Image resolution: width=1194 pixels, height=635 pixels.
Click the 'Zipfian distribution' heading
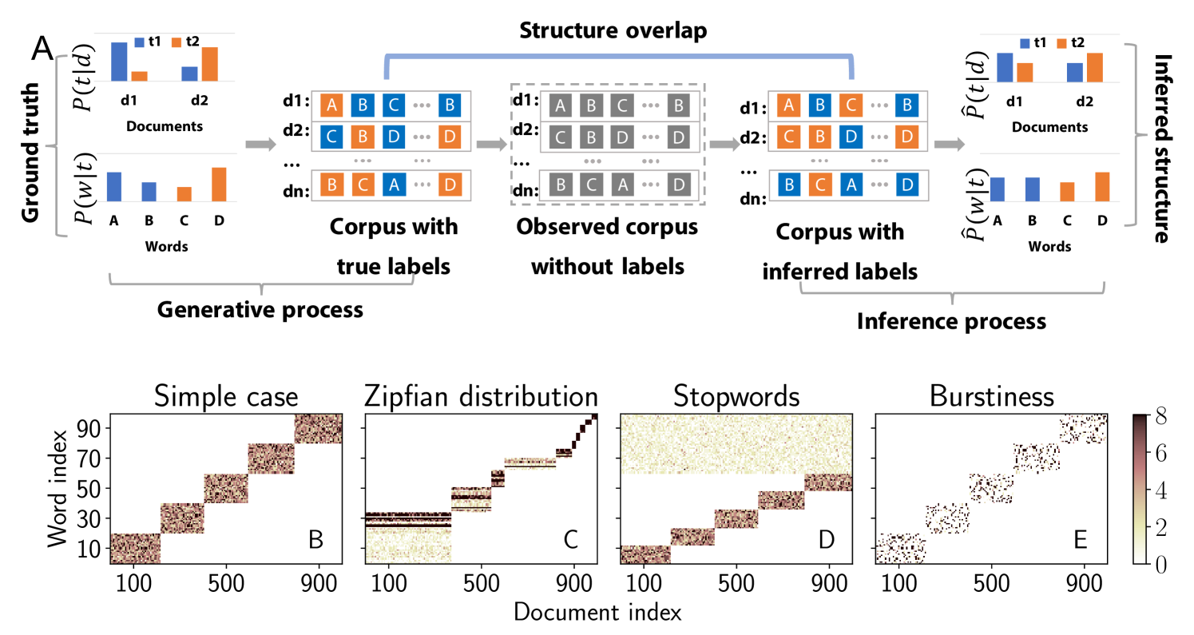coord(481,397)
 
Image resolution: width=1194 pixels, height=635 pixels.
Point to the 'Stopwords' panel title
coord(736,397)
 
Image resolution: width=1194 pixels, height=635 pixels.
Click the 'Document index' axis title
coord(597,613)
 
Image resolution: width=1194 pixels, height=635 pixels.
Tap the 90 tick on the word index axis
coord(94,429)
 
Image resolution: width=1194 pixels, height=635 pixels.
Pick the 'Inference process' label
coord(950,323)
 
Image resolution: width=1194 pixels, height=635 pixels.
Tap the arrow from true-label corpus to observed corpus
coord(490,145)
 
